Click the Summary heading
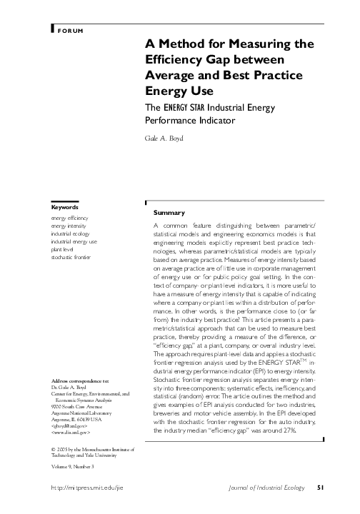(169, 213)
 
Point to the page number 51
(321, 488)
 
